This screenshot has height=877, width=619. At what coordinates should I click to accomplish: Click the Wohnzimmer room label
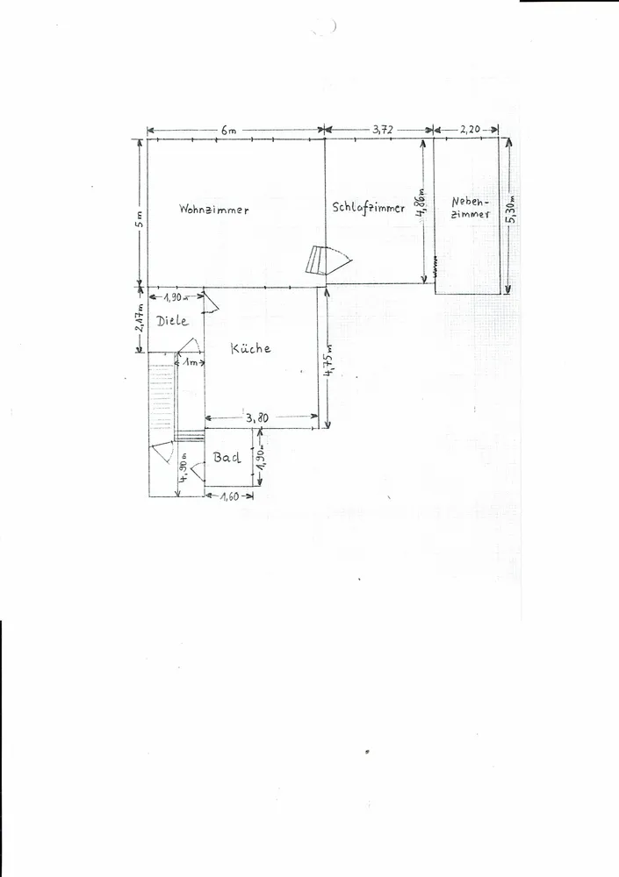[214, 210]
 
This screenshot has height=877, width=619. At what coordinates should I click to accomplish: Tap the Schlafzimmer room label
[368, 208]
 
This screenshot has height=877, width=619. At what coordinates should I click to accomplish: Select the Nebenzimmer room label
[471, 208]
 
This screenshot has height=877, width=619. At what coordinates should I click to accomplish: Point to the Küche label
[250, 348]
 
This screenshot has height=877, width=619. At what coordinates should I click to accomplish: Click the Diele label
[172, 321]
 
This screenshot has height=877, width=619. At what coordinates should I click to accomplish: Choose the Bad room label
[227, 458]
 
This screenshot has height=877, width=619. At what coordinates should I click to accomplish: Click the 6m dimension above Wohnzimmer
[228, 131]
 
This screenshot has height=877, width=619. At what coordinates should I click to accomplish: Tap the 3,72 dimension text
[383, 130]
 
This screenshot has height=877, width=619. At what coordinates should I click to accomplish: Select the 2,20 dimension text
[470, 130]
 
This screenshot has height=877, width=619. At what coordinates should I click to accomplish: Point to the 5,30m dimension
[512, 209]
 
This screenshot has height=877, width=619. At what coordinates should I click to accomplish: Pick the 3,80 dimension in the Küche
[257, 417]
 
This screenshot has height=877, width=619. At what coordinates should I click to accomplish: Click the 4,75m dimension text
[329, 360]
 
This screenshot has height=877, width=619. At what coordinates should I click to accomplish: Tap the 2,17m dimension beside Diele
[140, 318]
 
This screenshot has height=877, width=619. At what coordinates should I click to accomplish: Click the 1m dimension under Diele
[191, 363]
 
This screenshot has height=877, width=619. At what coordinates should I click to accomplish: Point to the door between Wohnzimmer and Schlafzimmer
[328, 260]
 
